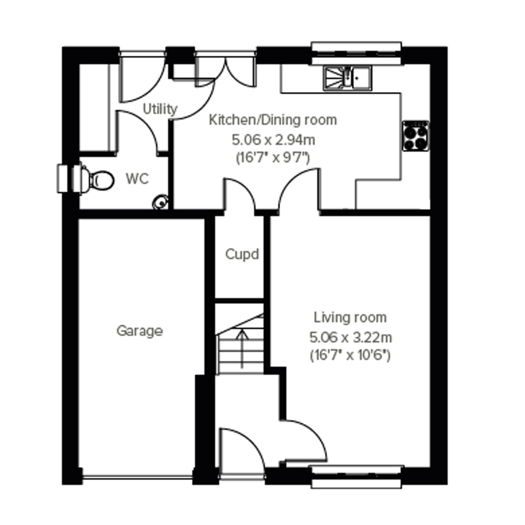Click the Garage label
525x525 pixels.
(140, 331)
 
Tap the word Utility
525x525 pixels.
(160, 109)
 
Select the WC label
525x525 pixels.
(137, 179)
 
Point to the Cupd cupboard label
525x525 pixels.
(242, 255)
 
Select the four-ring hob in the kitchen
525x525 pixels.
(416, 136)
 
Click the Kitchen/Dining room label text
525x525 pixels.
(273, 120)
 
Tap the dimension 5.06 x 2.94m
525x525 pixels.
(273, 140)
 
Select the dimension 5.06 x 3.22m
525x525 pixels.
(351, 338)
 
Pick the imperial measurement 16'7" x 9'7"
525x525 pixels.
(273, 158)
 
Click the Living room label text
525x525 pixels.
(350, 318)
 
